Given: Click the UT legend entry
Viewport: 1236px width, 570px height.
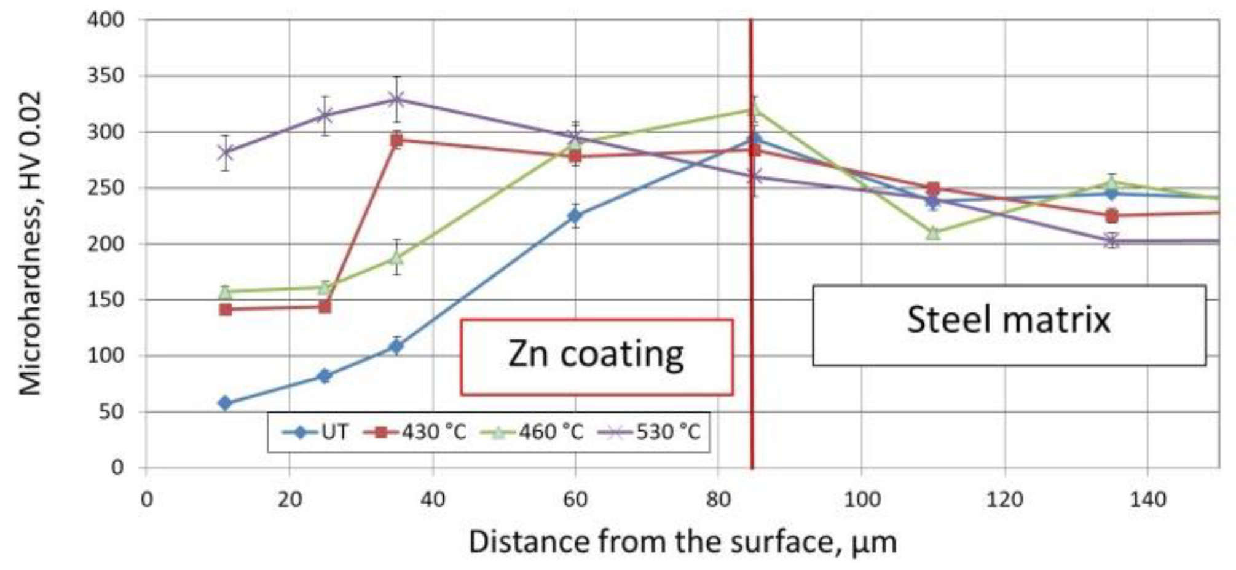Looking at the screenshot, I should click(x=317, y=432).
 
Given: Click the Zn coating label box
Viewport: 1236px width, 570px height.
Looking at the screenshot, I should click(x=596, y=357).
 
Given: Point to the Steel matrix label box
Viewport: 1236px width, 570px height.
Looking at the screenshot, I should click(x=1009, y=325).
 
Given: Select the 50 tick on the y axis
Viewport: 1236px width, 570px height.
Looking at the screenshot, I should click(x=112, y=412).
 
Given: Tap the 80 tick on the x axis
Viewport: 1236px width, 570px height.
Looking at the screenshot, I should click(x=718, y=499).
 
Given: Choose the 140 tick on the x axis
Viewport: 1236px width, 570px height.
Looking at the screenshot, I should click(x=1147, y=499).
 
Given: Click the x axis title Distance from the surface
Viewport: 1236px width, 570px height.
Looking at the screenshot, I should click(x=682, y=542).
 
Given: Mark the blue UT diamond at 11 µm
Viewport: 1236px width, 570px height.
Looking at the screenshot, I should click(x=226, y=403).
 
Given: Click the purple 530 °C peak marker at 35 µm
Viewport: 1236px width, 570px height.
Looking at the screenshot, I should click(x=396, y=100).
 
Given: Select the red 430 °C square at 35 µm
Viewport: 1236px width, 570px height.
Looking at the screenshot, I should click(x=396, y=140).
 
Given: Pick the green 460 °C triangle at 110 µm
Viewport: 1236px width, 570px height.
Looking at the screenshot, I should click(x=933, y=232).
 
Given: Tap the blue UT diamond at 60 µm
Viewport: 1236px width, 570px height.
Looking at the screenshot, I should click(x=575, y=216).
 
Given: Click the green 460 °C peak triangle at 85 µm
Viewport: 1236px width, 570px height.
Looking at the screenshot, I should click(x=755, y=110).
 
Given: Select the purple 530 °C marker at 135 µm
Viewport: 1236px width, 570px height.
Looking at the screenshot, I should click(x=1111, y=241).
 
